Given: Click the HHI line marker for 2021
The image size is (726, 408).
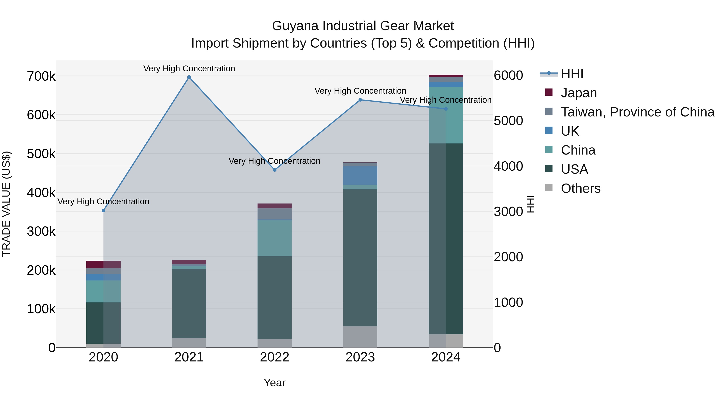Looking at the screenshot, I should coord(189,77).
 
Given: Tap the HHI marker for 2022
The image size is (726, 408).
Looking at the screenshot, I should coord(275,170).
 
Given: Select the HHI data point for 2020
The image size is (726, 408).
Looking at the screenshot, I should coord(103,211).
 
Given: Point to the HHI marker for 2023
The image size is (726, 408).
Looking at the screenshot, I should coord(360,100).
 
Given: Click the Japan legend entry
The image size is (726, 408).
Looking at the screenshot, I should coord(579,93).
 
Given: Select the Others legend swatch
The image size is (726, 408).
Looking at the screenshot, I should coord(549,188).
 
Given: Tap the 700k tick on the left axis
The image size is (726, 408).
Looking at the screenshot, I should coord(41,76).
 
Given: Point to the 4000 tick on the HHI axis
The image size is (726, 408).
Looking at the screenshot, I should coord(508,166).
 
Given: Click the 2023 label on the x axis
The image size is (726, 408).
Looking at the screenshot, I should coord(360,357).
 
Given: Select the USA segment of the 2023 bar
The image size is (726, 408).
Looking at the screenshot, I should coord(360,258).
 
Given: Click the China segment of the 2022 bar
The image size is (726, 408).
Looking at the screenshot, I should coord(275,238).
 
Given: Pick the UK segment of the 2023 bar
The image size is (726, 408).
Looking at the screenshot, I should coord(360,175).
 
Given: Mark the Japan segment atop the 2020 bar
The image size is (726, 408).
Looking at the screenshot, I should coord(103,264).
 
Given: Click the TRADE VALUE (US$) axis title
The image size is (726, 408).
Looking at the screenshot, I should coord(6,204).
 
